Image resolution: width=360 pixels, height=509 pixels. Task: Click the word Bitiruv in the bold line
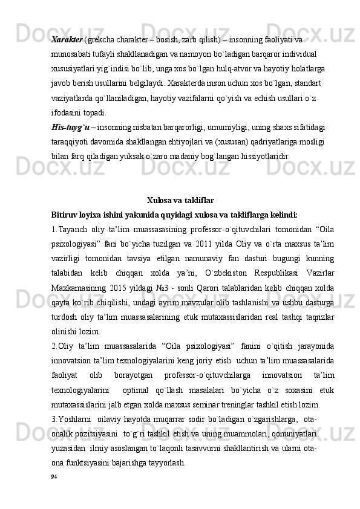tap(65, 213)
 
